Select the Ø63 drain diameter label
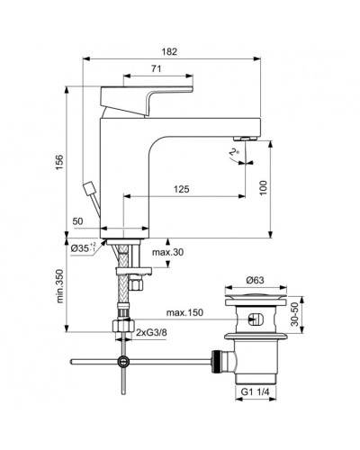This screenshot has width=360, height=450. pos(257,280)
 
